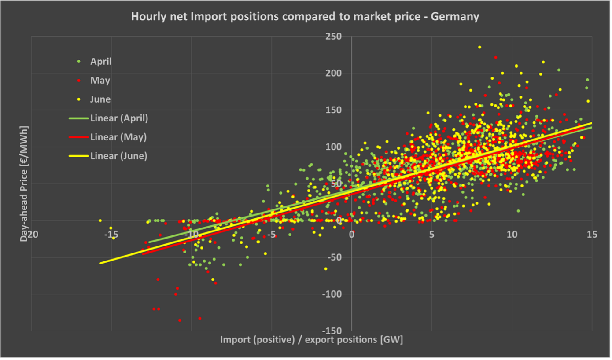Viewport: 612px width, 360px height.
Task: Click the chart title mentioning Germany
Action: tap(305, 17)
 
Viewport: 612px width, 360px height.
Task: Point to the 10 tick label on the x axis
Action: tap(512, 234)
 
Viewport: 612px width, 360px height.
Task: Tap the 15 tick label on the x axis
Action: tap(592, 234)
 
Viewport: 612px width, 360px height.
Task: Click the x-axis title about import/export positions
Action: tap(311, 340)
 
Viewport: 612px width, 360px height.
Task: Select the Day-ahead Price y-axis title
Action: tap(24, 184)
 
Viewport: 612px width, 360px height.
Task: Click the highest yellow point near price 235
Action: tap(479, 47)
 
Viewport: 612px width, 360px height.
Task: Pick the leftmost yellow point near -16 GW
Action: tap(100, 220)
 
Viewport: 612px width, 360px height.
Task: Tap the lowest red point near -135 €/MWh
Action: tap(180, 320)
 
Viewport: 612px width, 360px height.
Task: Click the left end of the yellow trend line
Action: tap(100, 263)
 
